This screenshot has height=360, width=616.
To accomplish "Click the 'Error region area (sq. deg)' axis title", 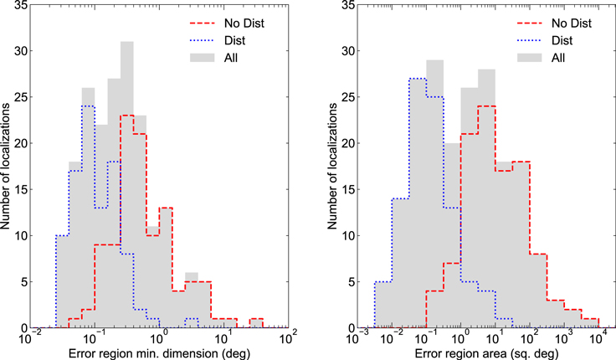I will (x=484, y=352).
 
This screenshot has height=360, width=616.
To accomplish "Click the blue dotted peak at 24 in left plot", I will (x=88, y=106).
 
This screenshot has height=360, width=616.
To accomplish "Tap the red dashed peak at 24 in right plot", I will (x=487, y=106).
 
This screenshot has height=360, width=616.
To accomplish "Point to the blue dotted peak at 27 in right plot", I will (x=416, y=79).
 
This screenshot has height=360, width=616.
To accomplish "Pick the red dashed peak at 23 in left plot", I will (x=126, y=116).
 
